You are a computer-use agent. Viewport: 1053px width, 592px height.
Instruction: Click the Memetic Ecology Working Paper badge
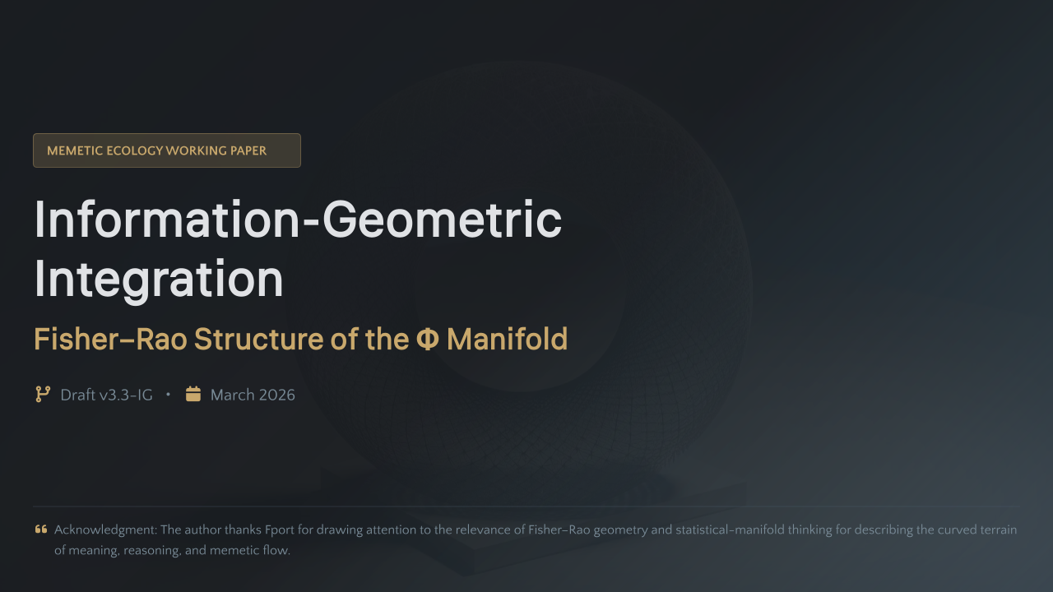click(x=166, y=150)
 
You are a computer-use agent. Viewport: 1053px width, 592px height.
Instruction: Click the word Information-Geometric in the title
click(x=298, y=220)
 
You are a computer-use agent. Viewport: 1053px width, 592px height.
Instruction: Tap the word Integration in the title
click(x=159, y=279)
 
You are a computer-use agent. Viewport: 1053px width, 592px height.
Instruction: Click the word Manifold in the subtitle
click(x=507, y=339)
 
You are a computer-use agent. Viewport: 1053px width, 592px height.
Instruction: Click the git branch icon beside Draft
click(x=43, y=395)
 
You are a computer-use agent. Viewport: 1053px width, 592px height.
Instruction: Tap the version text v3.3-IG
click(x=126, y=395)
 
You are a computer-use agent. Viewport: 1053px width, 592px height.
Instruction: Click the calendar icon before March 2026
click(x=193, y=395)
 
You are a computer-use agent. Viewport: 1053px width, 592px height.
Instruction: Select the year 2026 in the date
click(x=276, y=395)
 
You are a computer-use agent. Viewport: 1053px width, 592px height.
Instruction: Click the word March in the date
click(x=232, y=395)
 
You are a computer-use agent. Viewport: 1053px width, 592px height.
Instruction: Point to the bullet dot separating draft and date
click(x=169, y=395)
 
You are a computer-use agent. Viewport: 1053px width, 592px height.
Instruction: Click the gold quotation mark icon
click(x=41, y=530)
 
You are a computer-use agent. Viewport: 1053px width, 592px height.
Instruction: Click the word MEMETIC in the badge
click(x=75, y=150)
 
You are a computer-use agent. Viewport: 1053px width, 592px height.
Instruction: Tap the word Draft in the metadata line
click(x=77, y=395)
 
